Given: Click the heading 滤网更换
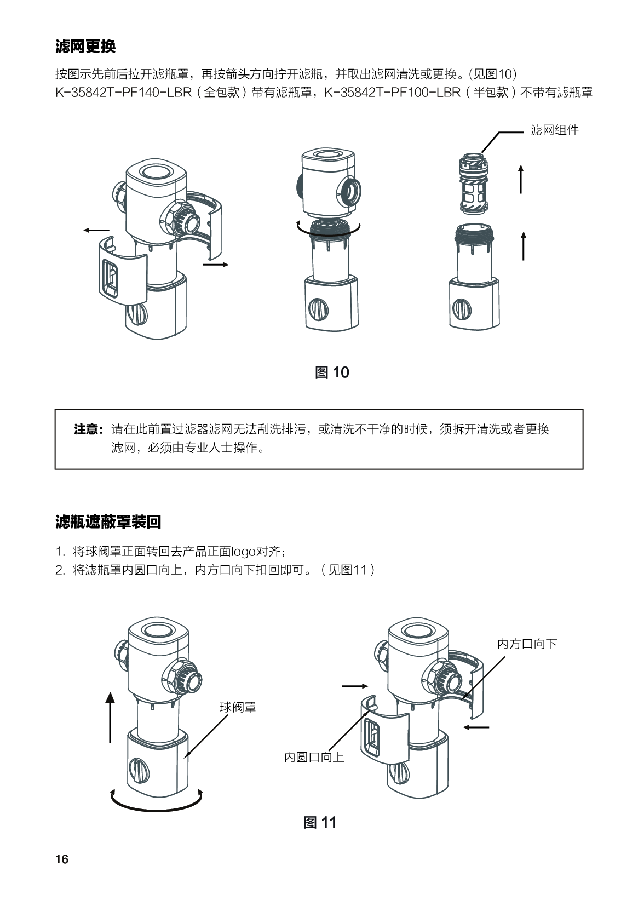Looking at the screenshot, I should coord(85,47).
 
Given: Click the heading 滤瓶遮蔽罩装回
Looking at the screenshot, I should coord(108,521).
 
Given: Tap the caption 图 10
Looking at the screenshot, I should coord(332,372).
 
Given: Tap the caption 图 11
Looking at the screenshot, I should coord(320,823).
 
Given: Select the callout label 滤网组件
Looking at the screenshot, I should coord(555,130).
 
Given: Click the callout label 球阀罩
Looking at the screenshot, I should coord(238,707).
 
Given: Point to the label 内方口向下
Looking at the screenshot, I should coord(527,644).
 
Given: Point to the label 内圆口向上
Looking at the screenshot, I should coord(314,758).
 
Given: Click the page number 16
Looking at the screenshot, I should coord(62,859).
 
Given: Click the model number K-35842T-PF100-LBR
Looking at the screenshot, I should coord(393,92).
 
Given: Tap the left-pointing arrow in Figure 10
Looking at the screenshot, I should coord(96,230).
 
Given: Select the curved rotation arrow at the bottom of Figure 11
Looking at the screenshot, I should coord(156,801).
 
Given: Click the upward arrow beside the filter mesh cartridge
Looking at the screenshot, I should coord(521,179).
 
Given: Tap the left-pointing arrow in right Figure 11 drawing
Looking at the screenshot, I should coord(476,727).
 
